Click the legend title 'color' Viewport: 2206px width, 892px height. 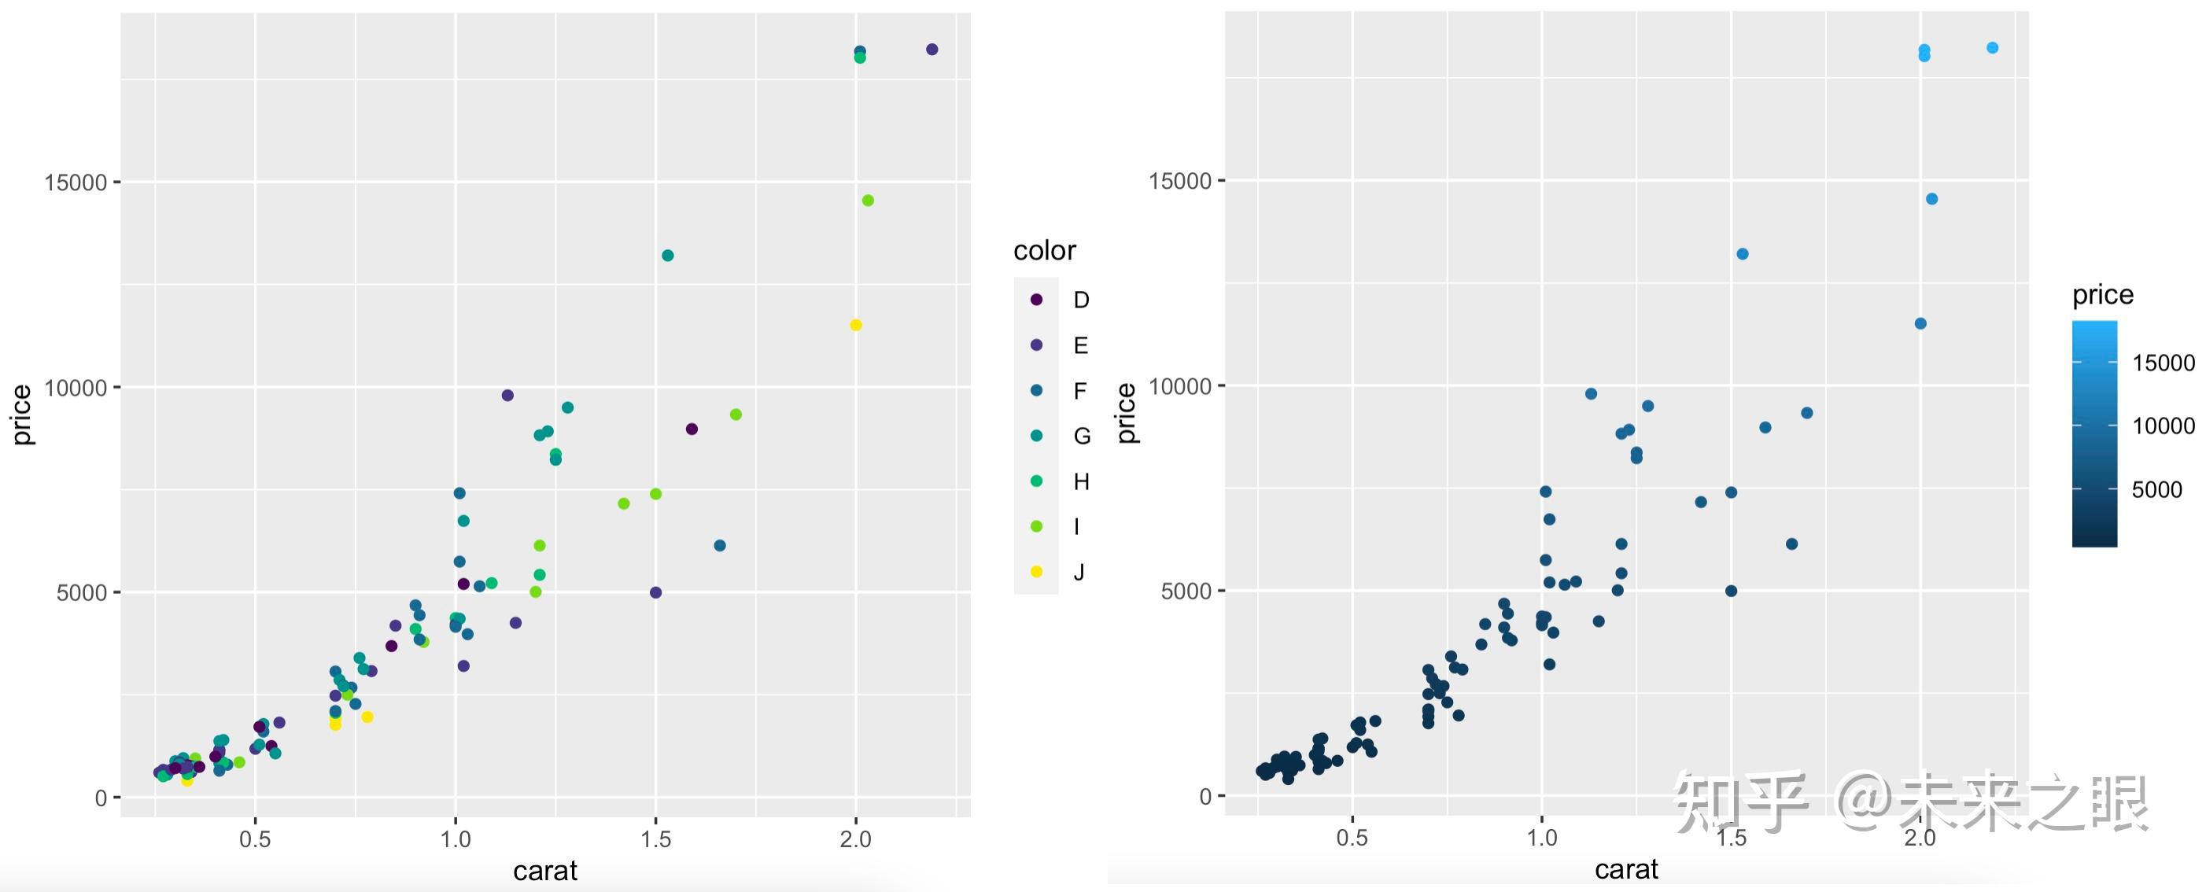pos(1044,250)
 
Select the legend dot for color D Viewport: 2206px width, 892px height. pos(1036,300)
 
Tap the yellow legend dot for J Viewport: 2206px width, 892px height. pos(1036,572)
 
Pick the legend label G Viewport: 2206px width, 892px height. pos(1082,436)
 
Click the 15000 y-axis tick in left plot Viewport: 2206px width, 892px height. pos(76,182)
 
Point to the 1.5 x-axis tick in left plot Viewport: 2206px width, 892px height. pos(655,839)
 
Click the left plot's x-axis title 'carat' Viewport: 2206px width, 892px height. pos(544,871)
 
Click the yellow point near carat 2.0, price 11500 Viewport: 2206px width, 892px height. pos(855,326)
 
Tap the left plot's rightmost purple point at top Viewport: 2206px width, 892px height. pos(931,50)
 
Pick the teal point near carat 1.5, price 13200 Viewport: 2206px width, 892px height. pos(668,255)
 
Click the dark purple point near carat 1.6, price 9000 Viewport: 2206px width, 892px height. pos(692,429)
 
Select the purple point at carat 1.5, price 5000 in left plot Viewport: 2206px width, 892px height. pos(656,592)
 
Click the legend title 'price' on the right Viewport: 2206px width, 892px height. pos(2102,294)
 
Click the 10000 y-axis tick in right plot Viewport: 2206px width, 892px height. pos(1179,386)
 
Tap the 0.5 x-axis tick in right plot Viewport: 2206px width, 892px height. pos(1352,837)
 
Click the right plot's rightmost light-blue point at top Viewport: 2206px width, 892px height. pos(1992,48)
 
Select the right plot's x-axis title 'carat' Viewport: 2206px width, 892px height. pos(1626,869)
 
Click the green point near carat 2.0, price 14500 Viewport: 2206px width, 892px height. pos(868,201)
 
